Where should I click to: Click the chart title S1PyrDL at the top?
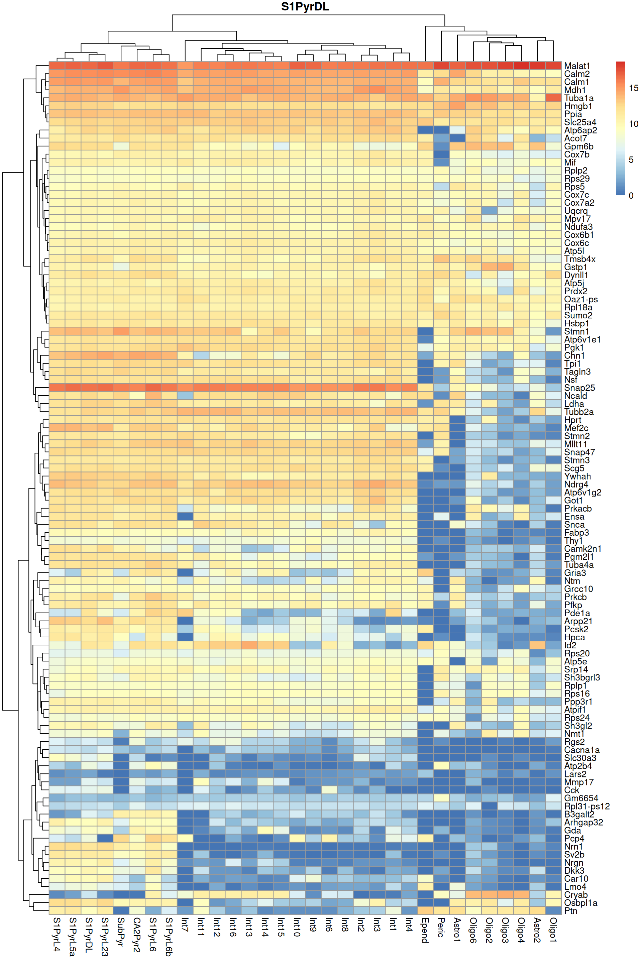tap(305, 7)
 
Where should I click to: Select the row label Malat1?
tap(576, 66)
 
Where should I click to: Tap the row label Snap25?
tap(579, 388)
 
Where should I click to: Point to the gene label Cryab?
tap(576, 895)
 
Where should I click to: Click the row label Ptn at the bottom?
tap(570, 911)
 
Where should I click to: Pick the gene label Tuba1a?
tap(578, 98)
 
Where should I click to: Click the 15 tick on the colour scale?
tap(633, 88)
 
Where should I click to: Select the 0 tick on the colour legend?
tap(631, 196)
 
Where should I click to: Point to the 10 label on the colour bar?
tap(633, 124)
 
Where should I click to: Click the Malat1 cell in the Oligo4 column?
tap(521, 66)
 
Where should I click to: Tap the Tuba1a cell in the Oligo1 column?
tap(553, 98)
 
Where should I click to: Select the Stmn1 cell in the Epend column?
tap(425, 331)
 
